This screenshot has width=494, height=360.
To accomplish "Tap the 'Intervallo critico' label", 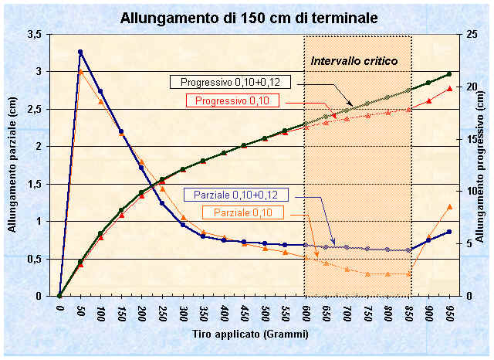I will [354, 60].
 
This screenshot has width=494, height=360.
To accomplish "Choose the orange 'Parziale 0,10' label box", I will [242, 212].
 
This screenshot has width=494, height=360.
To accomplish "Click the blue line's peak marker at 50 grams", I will [80, 52].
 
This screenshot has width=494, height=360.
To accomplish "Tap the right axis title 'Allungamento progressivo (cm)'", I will [481, 165].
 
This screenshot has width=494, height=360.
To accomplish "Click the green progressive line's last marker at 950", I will [449, 74].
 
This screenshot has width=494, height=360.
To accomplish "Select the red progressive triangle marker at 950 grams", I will [449, 89].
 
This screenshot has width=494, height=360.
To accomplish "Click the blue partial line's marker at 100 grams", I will [100, 91].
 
